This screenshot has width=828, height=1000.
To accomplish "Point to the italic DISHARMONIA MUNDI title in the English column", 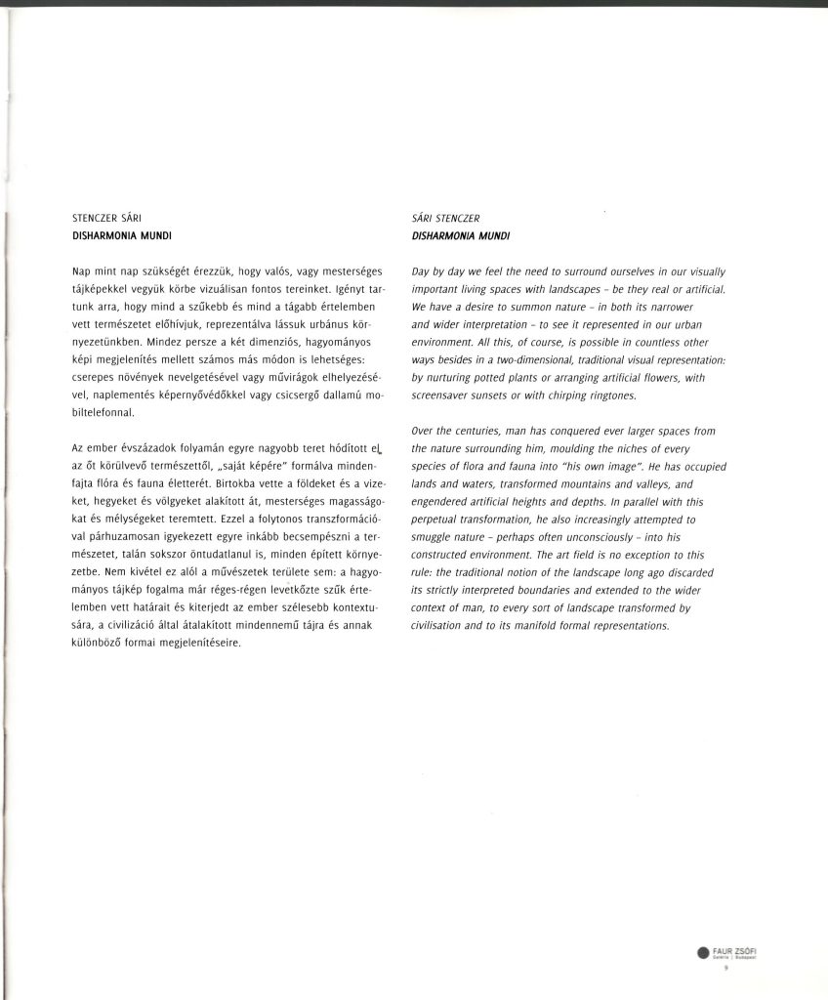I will [x=461, y=235].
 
